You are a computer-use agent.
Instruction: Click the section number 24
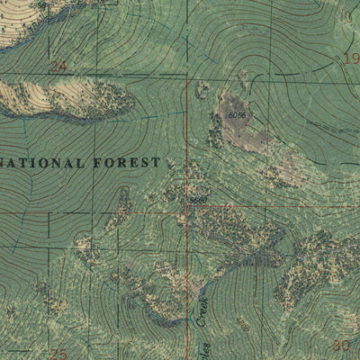click(58, 66)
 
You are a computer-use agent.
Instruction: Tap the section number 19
click(352, 58)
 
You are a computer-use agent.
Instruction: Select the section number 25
click(58, 354)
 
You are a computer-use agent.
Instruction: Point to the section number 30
click(340, 345)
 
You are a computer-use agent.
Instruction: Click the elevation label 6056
click(237, 115)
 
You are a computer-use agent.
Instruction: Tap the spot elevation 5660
click(198, 200)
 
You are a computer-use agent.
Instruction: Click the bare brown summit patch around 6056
click(241, 126)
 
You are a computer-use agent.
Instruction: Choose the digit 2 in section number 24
click(54, 66)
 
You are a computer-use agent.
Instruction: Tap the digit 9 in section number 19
click(355, 58)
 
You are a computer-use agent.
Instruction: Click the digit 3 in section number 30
click(336, 345)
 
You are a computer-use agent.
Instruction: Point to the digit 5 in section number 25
click(63, 354)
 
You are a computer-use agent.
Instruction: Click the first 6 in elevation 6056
click(230, 115)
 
